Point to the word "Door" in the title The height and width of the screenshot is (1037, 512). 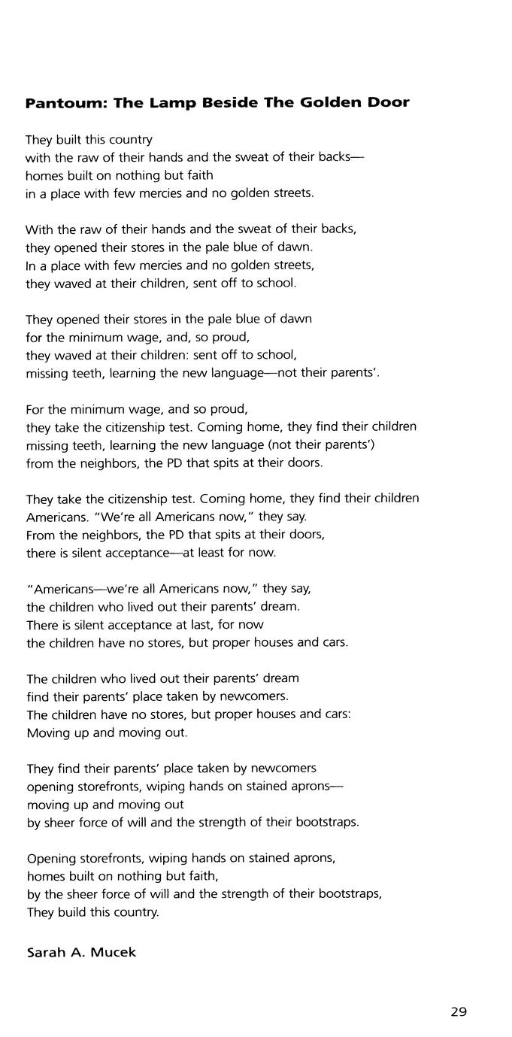point(389,103)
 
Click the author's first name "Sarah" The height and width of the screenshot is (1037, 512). point(47,952)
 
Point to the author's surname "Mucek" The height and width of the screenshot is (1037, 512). point(114,952)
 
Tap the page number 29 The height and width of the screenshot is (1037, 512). point(459,1011)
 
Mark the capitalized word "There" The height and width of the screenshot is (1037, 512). point(42,625)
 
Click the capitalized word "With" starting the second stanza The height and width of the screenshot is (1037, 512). point(38,229)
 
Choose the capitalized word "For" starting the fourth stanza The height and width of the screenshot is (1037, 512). point(35,410)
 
